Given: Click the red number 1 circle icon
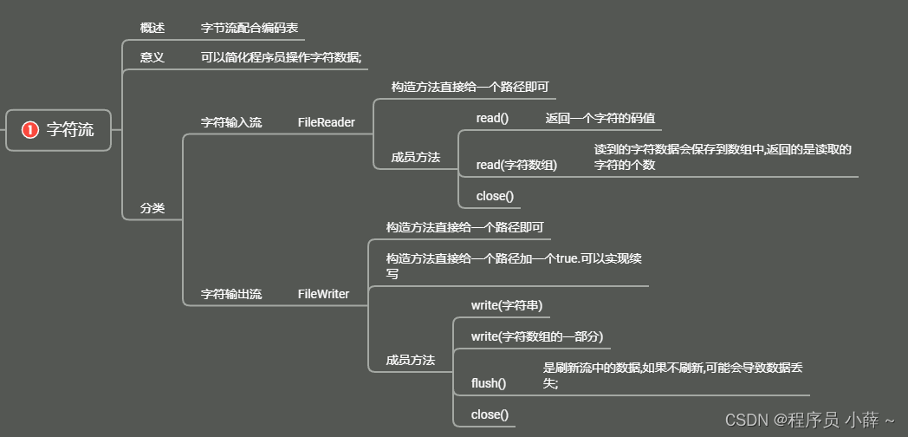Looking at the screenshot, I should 30,130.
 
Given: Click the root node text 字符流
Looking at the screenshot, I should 70,130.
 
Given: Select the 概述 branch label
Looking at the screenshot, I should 152,28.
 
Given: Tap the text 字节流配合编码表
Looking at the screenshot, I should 250,28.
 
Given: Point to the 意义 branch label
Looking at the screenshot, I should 152,57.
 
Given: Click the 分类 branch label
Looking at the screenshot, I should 152,208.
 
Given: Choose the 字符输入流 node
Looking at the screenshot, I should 231,122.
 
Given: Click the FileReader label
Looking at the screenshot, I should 327,122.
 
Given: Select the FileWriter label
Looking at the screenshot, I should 323,294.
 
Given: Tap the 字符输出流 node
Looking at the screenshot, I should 231,294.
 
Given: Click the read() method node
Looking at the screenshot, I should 492,118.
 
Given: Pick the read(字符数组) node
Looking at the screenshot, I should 516,165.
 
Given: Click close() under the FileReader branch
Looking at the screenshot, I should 495,196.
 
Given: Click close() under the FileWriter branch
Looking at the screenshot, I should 490,414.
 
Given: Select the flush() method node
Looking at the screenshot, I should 489,382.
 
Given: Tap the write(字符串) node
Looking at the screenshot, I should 507,305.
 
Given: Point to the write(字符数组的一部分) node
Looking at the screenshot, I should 537,336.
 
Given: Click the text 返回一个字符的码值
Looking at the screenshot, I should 593,118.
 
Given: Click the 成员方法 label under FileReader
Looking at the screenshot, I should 416,158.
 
